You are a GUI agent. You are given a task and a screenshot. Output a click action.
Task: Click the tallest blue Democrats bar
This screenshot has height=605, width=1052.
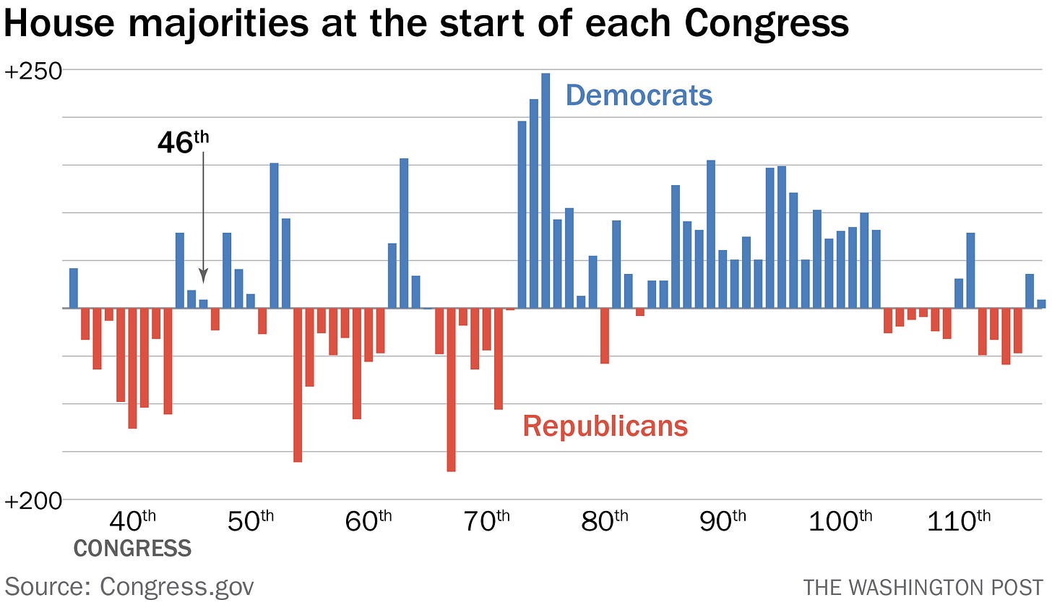pyautogui.click(x=546, y=191)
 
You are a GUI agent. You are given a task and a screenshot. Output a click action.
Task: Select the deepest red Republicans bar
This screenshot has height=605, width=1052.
pyautogui.click(x=451, y=390)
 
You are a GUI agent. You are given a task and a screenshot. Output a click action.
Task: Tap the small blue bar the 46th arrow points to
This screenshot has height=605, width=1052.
pyautogui.click(x=203, y=304)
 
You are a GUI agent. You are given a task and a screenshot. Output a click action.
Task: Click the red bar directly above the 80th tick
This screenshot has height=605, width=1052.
pyautogui.click(x=605, y=336)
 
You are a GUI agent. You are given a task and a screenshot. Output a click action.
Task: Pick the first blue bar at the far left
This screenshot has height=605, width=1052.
pyautogui.click(x=73, y=288)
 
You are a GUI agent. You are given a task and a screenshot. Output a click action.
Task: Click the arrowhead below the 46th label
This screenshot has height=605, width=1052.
pyautogui.click(x=203, y=275)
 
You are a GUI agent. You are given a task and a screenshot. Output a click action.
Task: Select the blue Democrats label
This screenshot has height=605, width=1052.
pyautogui.click(x=639, y=95)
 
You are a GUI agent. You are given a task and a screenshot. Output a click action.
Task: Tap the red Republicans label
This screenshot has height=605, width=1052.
pyautogui.click(x=605, y=426)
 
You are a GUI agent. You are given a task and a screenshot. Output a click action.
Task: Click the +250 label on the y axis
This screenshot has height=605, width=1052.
pyautogui.click(x=33, y=72)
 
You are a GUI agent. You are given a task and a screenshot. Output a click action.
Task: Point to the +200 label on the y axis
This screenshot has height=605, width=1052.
pyautogui.click(x=33, y=500)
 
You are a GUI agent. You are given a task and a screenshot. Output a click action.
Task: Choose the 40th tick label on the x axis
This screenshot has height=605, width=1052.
pyautogui.click(x=131, y=520)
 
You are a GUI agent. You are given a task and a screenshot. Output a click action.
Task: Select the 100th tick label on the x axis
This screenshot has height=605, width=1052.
pyautogui.click(x=840, y=520)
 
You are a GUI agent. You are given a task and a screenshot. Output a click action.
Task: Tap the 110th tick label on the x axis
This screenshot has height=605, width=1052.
pyautogui.click(x=958, y=520)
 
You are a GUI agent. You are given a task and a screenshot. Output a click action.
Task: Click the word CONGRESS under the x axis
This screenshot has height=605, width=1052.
pyautogui.click(x=132, y=549)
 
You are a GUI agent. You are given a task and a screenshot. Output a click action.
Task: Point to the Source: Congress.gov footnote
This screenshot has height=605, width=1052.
pyautogui.click(x=129, y=586)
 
